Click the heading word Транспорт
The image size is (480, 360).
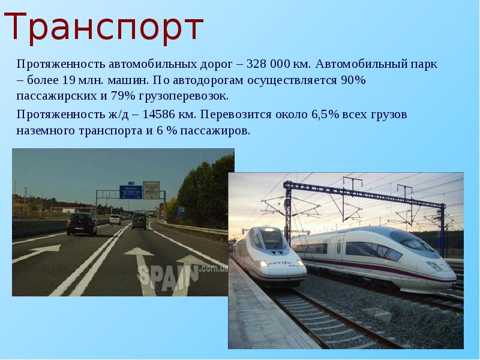point(105,27)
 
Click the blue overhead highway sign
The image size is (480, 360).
point(130,191)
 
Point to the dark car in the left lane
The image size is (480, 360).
point(81,224)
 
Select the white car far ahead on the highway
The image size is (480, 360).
point(115,220)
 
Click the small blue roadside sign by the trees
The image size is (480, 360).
point(181,212)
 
